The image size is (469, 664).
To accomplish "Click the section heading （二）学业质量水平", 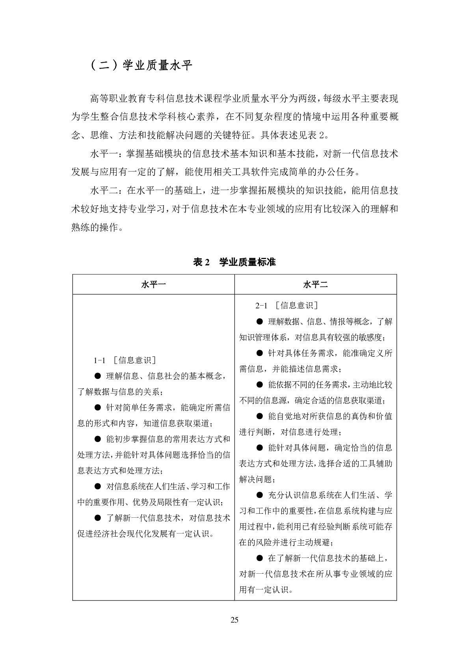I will point(141,65).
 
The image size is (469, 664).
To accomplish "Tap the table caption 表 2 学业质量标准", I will point(234,262).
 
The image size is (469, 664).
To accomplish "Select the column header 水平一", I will point(153,284).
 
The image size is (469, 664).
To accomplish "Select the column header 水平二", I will point(315,284).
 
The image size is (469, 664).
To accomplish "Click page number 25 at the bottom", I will point(234,620).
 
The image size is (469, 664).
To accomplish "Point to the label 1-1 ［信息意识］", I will point(125,360).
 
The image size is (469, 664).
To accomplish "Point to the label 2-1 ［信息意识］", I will point(287,305).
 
